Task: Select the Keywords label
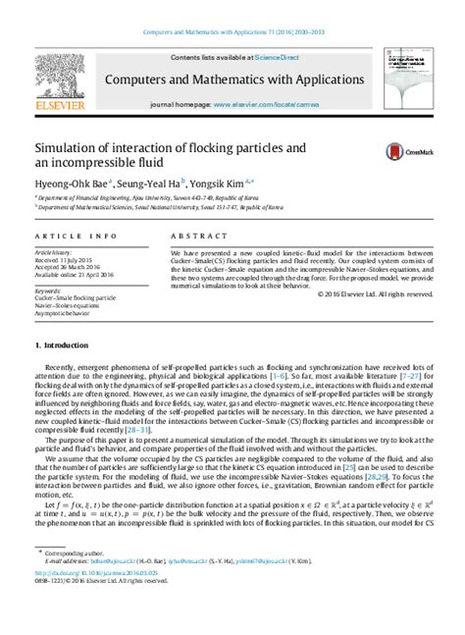48,291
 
